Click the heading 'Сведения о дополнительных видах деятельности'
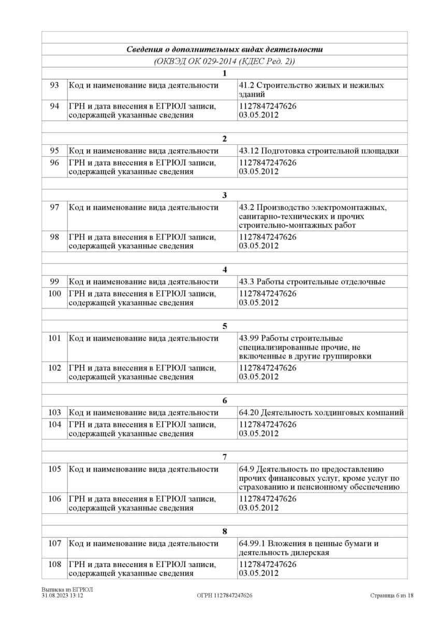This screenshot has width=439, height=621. click(x=224, y=50)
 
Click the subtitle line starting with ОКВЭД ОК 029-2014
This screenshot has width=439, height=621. click(x=224, y=61)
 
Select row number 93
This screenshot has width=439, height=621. click(x=54, y=85)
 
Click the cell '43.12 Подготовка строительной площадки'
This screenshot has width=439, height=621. click(x=319, y=151)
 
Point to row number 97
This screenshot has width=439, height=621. click(x=54, y=208)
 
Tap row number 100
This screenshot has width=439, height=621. click(x=54, y=294)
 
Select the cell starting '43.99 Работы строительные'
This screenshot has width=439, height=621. click(x=305, y=347)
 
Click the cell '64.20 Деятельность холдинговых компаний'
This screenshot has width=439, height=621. click(x=321, y=412)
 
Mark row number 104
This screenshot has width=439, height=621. click(x=54, y=424)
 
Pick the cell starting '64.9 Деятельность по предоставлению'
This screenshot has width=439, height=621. click(x=319, y=478)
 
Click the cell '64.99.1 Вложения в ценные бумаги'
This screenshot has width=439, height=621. click(x=309, y=548)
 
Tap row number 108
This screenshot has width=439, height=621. click(x=54, y=564)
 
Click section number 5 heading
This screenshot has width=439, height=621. click(x=224, y=326)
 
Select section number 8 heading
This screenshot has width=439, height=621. click(x=224, y=531)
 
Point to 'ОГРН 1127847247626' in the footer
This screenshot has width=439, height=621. click(x=225, y=596)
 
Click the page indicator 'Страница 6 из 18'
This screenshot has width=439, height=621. click(x=392, y=596)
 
